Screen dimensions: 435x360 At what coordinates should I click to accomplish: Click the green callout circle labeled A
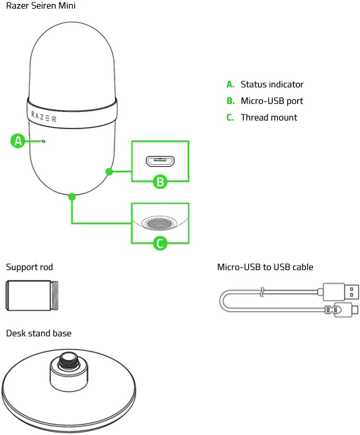click(x=19, y=140)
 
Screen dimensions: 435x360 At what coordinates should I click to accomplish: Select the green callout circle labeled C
click(x=160, y=243)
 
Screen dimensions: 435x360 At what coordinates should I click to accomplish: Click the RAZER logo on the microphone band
click(x=44, y=117)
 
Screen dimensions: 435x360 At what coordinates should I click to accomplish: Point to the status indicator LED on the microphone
click(x=44, y=141)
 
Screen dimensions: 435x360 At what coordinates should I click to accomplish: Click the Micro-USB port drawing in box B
click(x=159, y=161)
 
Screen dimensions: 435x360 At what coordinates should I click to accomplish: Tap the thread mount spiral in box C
click(x=159, y=223)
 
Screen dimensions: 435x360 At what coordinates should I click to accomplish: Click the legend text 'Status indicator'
click(x=272, y=85)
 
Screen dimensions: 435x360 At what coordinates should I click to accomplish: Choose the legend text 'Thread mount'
click(x=269, y=118)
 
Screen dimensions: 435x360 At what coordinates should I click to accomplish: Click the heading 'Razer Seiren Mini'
click(x=40, y=6)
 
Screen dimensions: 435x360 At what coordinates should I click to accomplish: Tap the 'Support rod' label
click(x=29, y=267)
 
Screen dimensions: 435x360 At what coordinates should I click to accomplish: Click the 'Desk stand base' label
click(x=38, y=333)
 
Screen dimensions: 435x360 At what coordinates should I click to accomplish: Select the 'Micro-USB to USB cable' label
click(x=265, y=267)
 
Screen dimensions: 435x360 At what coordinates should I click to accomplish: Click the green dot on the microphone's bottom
click(x=71, y=196)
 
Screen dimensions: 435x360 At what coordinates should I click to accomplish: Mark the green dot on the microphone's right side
click(x=108, y=171)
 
